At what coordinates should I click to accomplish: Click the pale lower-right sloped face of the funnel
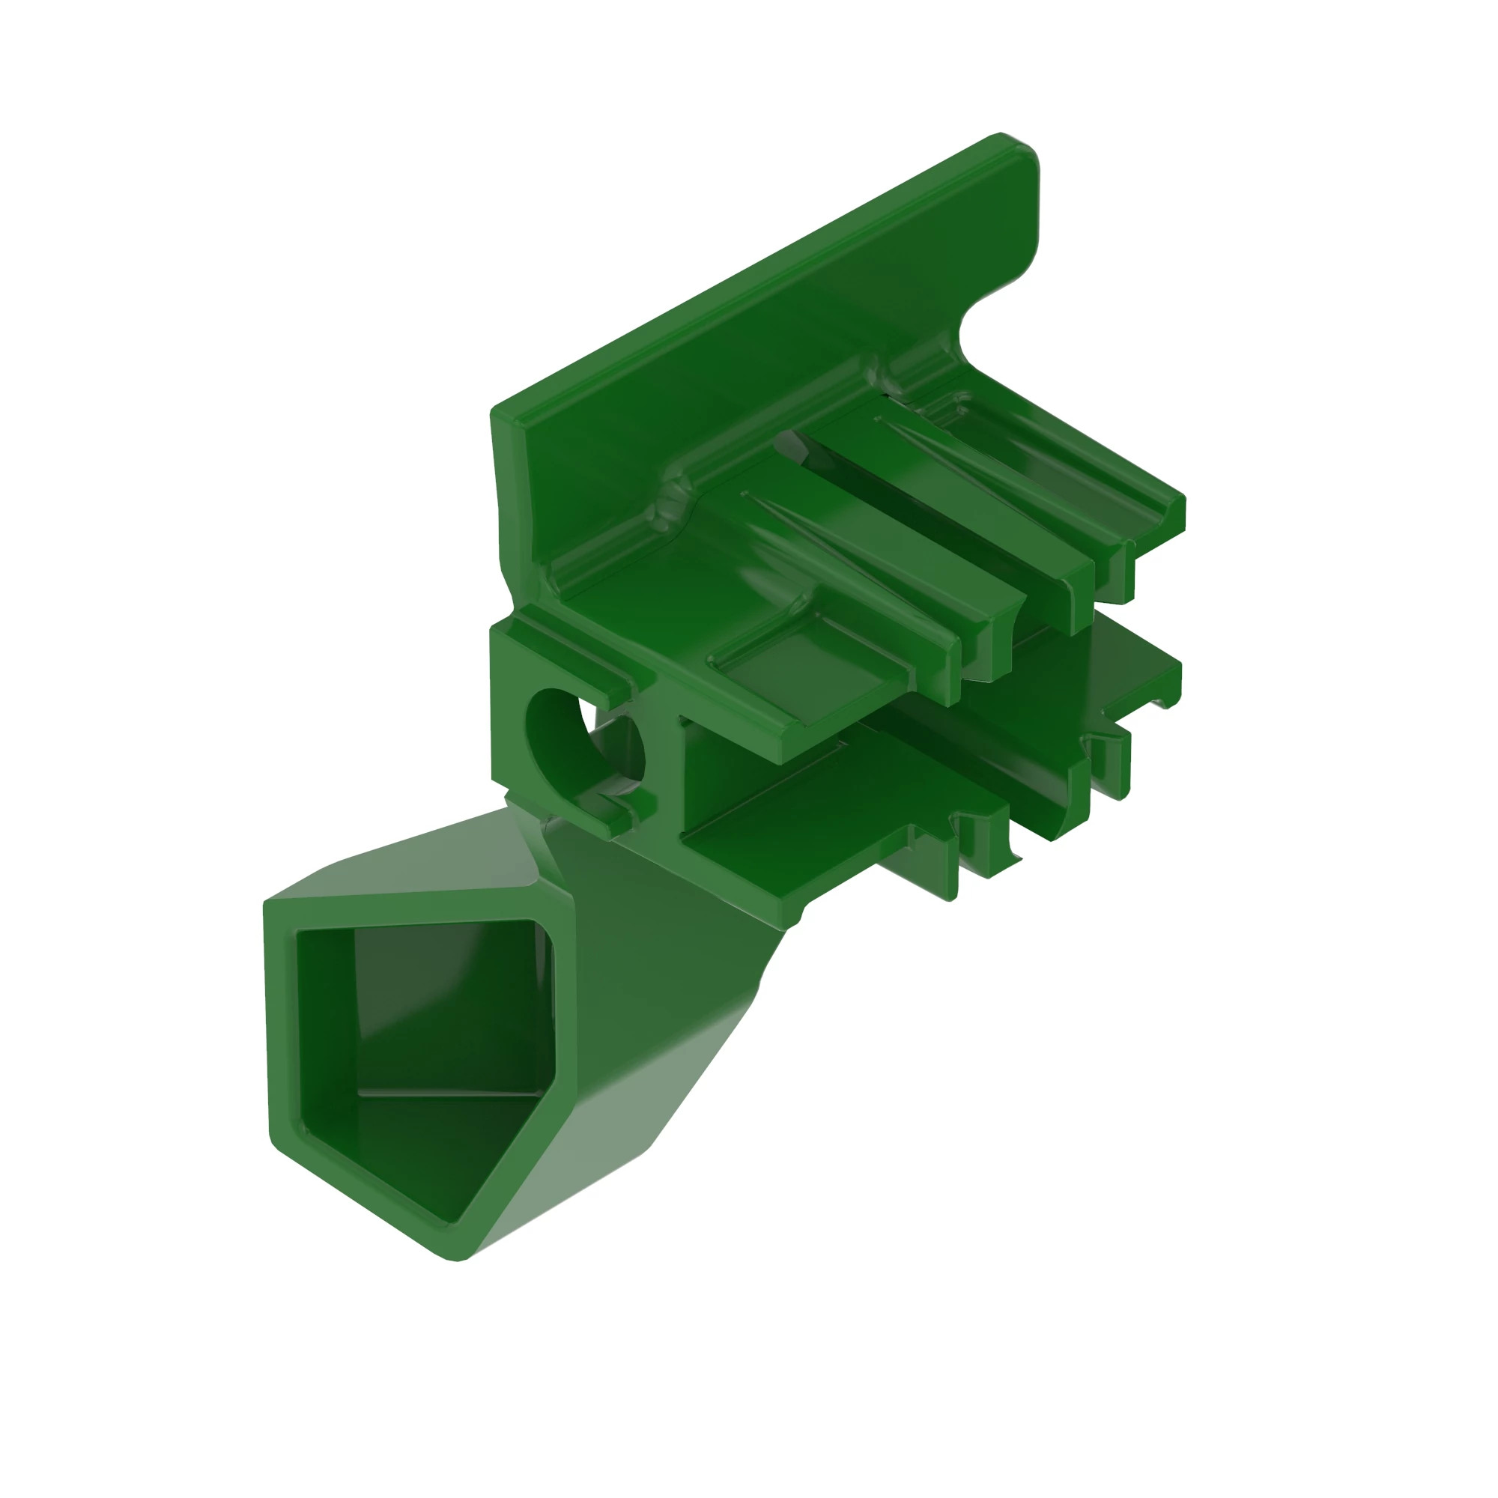click(613, 1124)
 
